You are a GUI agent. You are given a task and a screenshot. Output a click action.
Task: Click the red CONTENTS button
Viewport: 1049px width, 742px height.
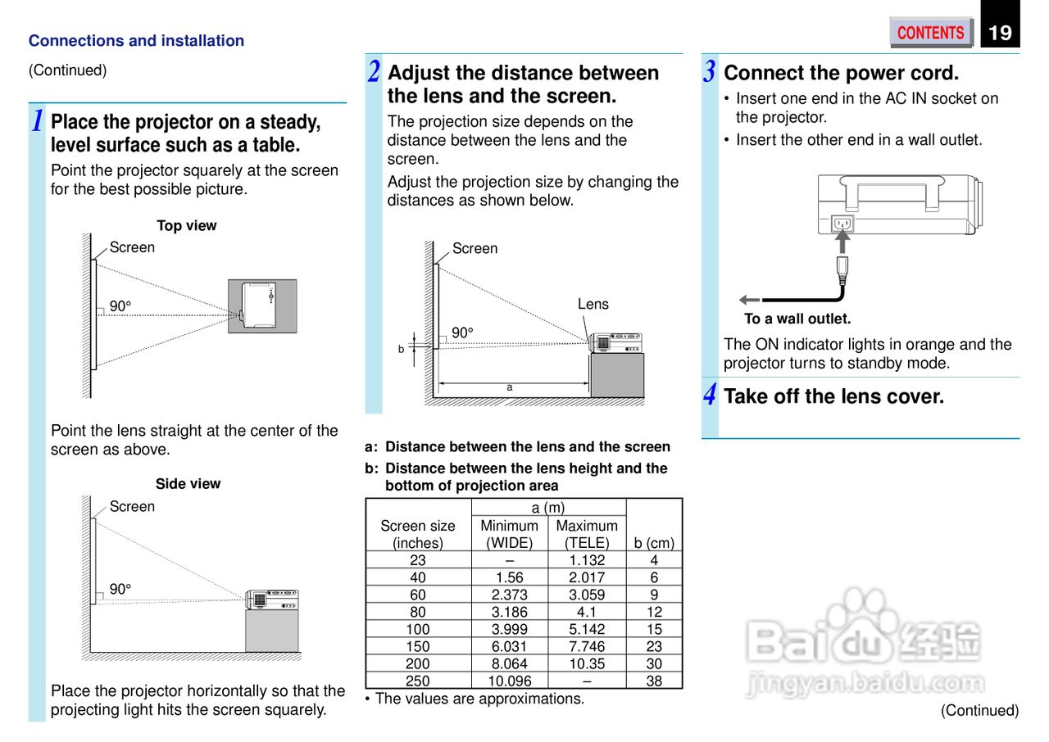930,33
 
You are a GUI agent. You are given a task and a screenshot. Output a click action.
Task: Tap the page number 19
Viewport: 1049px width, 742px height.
1000,33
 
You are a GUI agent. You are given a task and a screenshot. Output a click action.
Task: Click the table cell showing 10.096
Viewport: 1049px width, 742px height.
510,681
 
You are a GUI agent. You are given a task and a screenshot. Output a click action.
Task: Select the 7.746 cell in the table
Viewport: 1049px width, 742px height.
587,646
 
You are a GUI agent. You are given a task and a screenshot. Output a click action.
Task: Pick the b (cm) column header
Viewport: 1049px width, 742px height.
654,543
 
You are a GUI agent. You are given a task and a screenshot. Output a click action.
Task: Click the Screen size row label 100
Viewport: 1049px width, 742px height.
418,629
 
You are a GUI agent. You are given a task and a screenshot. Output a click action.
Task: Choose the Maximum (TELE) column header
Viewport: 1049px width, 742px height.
587,534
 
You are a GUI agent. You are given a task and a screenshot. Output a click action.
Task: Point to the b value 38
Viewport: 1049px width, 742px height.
654,681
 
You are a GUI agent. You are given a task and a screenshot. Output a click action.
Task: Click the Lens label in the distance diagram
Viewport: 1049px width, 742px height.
593,304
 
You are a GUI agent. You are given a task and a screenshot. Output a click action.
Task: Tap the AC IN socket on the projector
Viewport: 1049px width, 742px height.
842,224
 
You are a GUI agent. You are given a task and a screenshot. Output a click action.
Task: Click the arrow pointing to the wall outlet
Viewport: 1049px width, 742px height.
749,300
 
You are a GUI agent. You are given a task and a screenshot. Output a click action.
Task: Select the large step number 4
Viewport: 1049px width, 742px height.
710,396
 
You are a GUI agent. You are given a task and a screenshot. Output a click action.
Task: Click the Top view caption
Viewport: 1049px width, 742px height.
187,226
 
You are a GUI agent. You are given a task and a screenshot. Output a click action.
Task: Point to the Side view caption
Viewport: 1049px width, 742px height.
188,484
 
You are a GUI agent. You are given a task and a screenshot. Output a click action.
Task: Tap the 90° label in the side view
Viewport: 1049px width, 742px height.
120,590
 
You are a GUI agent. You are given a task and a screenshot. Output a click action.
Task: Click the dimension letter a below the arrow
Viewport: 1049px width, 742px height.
510,387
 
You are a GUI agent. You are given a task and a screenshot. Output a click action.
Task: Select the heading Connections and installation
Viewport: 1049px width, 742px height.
136,41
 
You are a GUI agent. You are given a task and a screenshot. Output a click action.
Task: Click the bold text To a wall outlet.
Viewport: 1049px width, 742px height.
797,319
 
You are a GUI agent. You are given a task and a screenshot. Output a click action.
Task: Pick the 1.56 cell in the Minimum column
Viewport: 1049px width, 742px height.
510,577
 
